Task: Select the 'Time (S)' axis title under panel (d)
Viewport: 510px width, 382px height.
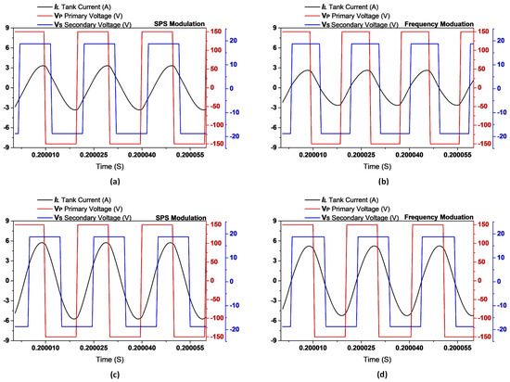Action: coord(373,359)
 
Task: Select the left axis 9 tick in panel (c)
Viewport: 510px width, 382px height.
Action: coord(7,221)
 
